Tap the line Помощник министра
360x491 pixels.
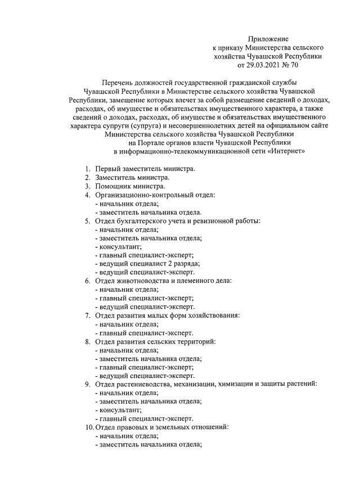pos(130,186)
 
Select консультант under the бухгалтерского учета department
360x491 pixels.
pos(119,246)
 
